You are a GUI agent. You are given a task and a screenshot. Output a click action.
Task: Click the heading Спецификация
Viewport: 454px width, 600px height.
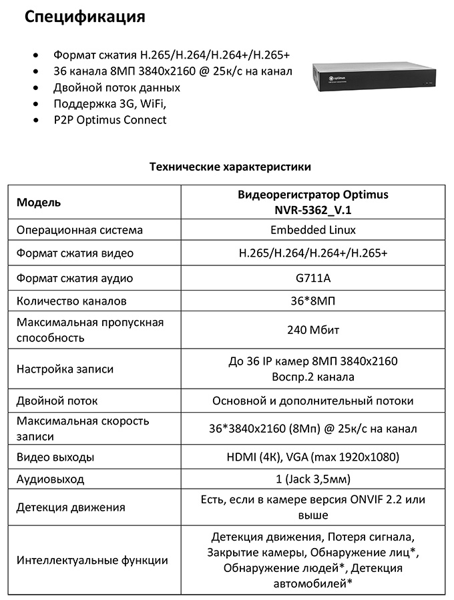(85, 17)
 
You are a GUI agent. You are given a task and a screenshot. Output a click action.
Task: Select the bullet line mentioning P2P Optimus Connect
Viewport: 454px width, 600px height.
(110, 120)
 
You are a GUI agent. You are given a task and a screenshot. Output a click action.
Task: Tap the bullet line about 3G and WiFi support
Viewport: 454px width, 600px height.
(109, 104)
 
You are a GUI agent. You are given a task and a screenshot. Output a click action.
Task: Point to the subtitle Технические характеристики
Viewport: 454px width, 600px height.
(230, 166)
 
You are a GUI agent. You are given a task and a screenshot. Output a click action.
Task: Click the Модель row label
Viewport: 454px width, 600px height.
(39, 203)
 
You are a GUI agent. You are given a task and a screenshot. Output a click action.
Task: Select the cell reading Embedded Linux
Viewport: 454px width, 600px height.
(312, 230)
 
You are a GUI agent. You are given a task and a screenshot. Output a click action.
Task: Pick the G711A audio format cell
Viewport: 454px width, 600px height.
(312, 278)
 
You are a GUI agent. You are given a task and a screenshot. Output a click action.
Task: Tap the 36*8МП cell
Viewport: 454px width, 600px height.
(312, 301)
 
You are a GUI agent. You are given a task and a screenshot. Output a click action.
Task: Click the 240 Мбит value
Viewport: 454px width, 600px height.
(312, 330)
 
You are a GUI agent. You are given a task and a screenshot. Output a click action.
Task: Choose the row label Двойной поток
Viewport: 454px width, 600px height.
(57, 401)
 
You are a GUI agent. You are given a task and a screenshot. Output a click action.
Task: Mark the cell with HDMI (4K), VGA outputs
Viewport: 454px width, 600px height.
(312, 457)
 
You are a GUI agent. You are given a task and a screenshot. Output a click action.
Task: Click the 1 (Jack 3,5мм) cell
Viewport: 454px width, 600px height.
(312, 479)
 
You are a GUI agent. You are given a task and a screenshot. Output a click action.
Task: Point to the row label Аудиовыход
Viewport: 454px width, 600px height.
(51, 479)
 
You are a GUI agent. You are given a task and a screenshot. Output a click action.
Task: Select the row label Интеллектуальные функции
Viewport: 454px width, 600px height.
(92, 561)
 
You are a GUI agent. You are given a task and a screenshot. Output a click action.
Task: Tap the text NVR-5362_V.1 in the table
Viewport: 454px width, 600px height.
(312, 210)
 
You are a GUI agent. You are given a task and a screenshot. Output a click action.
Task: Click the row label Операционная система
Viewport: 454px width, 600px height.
(79, 230)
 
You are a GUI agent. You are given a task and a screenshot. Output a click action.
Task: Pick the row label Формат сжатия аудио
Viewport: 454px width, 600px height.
(75, 278)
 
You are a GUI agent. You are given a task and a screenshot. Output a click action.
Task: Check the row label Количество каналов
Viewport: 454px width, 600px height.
(71, 301)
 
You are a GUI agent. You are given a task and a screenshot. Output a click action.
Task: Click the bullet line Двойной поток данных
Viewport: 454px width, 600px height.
(117, 87)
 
